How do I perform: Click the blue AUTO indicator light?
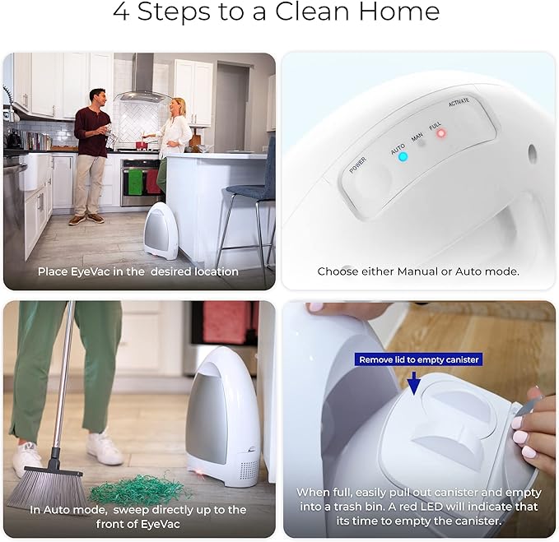pyautogui.click(x=403, y=156)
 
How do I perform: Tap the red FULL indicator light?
pyautogui.click(x=440, y=133)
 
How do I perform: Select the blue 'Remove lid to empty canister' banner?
pyautogui.click(x=417, y=359)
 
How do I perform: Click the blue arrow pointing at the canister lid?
pyautogui.click(x=412, y=380)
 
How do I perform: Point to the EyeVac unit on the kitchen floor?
pyautogui.click(x=161, y=231)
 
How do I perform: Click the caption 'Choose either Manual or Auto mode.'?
pyautogui.click(x=418, y=271)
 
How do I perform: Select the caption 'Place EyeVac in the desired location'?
pyautogui.click(x=138, y=271)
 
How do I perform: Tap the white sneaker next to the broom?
pyautogui.click(x=103, y=448)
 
